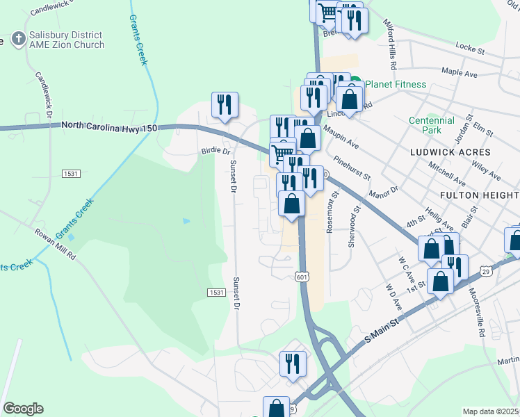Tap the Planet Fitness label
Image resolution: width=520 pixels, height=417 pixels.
point(395,85)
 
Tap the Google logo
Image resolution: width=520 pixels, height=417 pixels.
point(23,409)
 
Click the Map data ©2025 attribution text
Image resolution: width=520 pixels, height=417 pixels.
point(490,411)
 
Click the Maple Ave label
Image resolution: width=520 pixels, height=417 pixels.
point(460,72)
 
